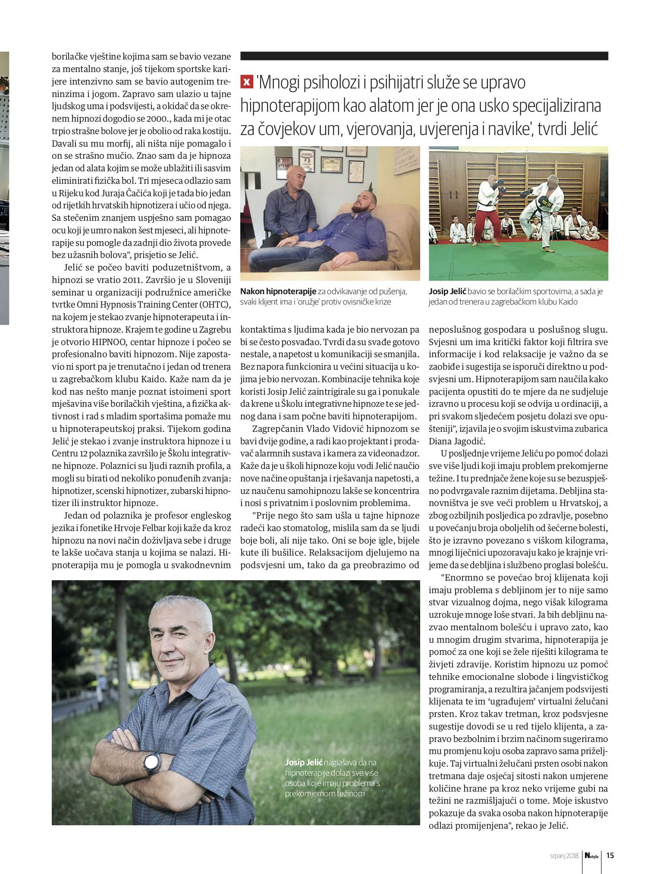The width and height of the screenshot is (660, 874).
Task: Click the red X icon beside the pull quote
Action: (246, 82)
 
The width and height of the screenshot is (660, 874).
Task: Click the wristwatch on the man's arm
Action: (151, 763)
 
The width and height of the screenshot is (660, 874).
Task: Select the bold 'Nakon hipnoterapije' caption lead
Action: (278, 292)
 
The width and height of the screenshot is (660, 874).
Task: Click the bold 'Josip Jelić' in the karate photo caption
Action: (447, 292)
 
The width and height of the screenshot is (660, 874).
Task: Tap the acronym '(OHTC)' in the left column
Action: (215, 305)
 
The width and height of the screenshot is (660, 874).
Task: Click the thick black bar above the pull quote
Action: (424, 56)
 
